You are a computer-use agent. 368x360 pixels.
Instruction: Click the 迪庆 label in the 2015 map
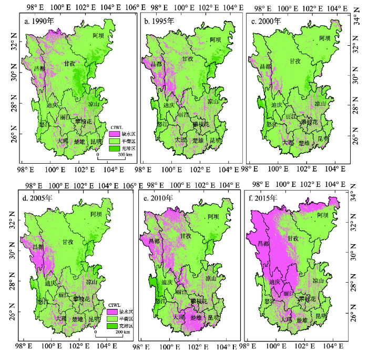coord(274,282)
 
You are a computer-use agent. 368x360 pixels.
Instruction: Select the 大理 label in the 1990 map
coord(63,141)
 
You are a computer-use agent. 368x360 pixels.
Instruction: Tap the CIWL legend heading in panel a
coord(116,127)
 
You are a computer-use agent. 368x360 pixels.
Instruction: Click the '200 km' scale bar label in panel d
coord(123,332)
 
